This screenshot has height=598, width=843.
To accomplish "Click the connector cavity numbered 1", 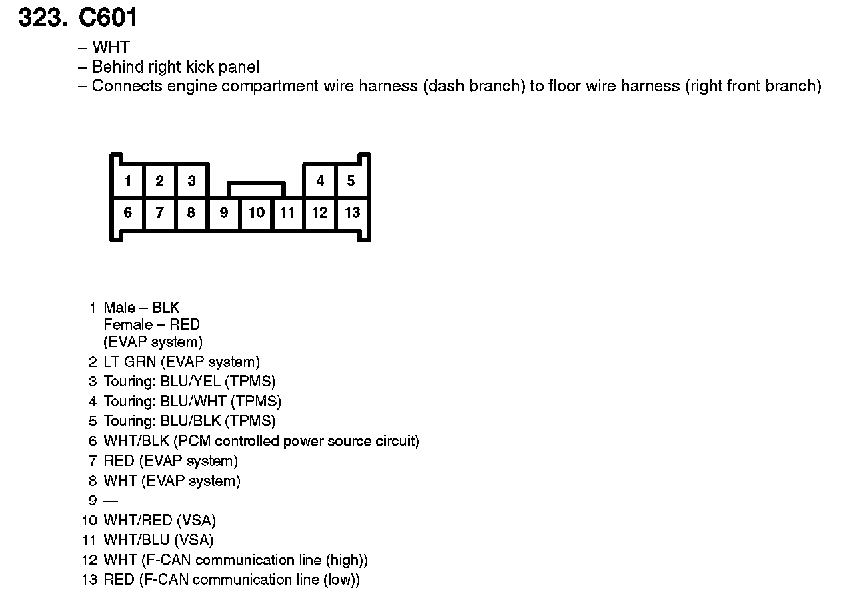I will pos(128,181).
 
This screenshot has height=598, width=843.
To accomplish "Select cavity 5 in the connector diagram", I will pos(351,181).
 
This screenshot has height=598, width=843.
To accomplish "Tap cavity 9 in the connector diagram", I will pos(224,213).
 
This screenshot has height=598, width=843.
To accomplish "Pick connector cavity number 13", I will pos(352,213).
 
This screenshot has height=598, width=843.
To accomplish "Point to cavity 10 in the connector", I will pos(257,213).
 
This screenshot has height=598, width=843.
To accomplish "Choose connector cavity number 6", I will pos(128,213).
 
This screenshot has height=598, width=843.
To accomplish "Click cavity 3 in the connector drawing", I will pos(191,181).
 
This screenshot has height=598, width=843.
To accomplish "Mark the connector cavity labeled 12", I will pos(320,213).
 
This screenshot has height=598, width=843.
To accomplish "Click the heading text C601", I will pos(109,17).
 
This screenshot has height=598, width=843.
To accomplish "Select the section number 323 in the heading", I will pos(40,17).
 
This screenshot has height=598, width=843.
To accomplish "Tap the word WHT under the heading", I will pos(111,48).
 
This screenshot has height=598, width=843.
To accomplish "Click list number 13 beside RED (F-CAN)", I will pos(89,580).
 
